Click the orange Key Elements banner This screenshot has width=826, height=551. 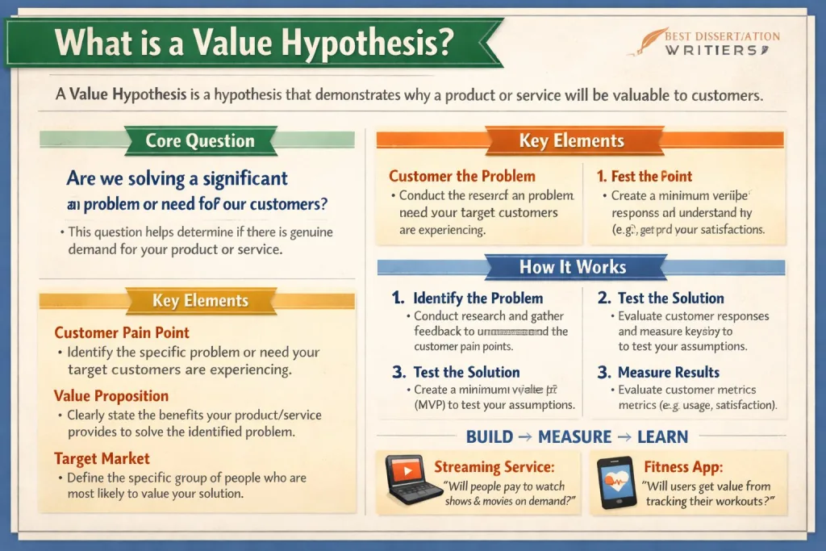[x=571, y=140]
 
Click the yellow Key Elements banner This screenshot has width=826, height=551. [x=200, y=301]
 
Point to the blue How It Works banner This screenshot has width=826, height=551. [x=572, y=267]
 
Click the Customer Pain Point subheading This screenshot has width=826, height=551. [x=122, y=332]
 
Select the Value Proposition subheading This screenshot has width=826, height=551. [x=111, y=395]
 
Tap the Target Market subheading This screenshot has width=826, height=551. [x=102, y=458]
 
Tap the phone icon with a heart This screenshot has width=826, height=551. [x=615, y=482]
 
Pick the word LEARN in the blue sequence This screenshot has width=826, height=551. [x=662, y=437]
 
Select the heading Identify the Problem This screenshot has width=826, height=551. [x=478, y=298]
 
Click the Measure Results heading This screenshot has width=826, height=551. [x=669, y=372]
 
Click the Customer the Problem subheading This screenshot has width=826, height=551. [x=461, y=176]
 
